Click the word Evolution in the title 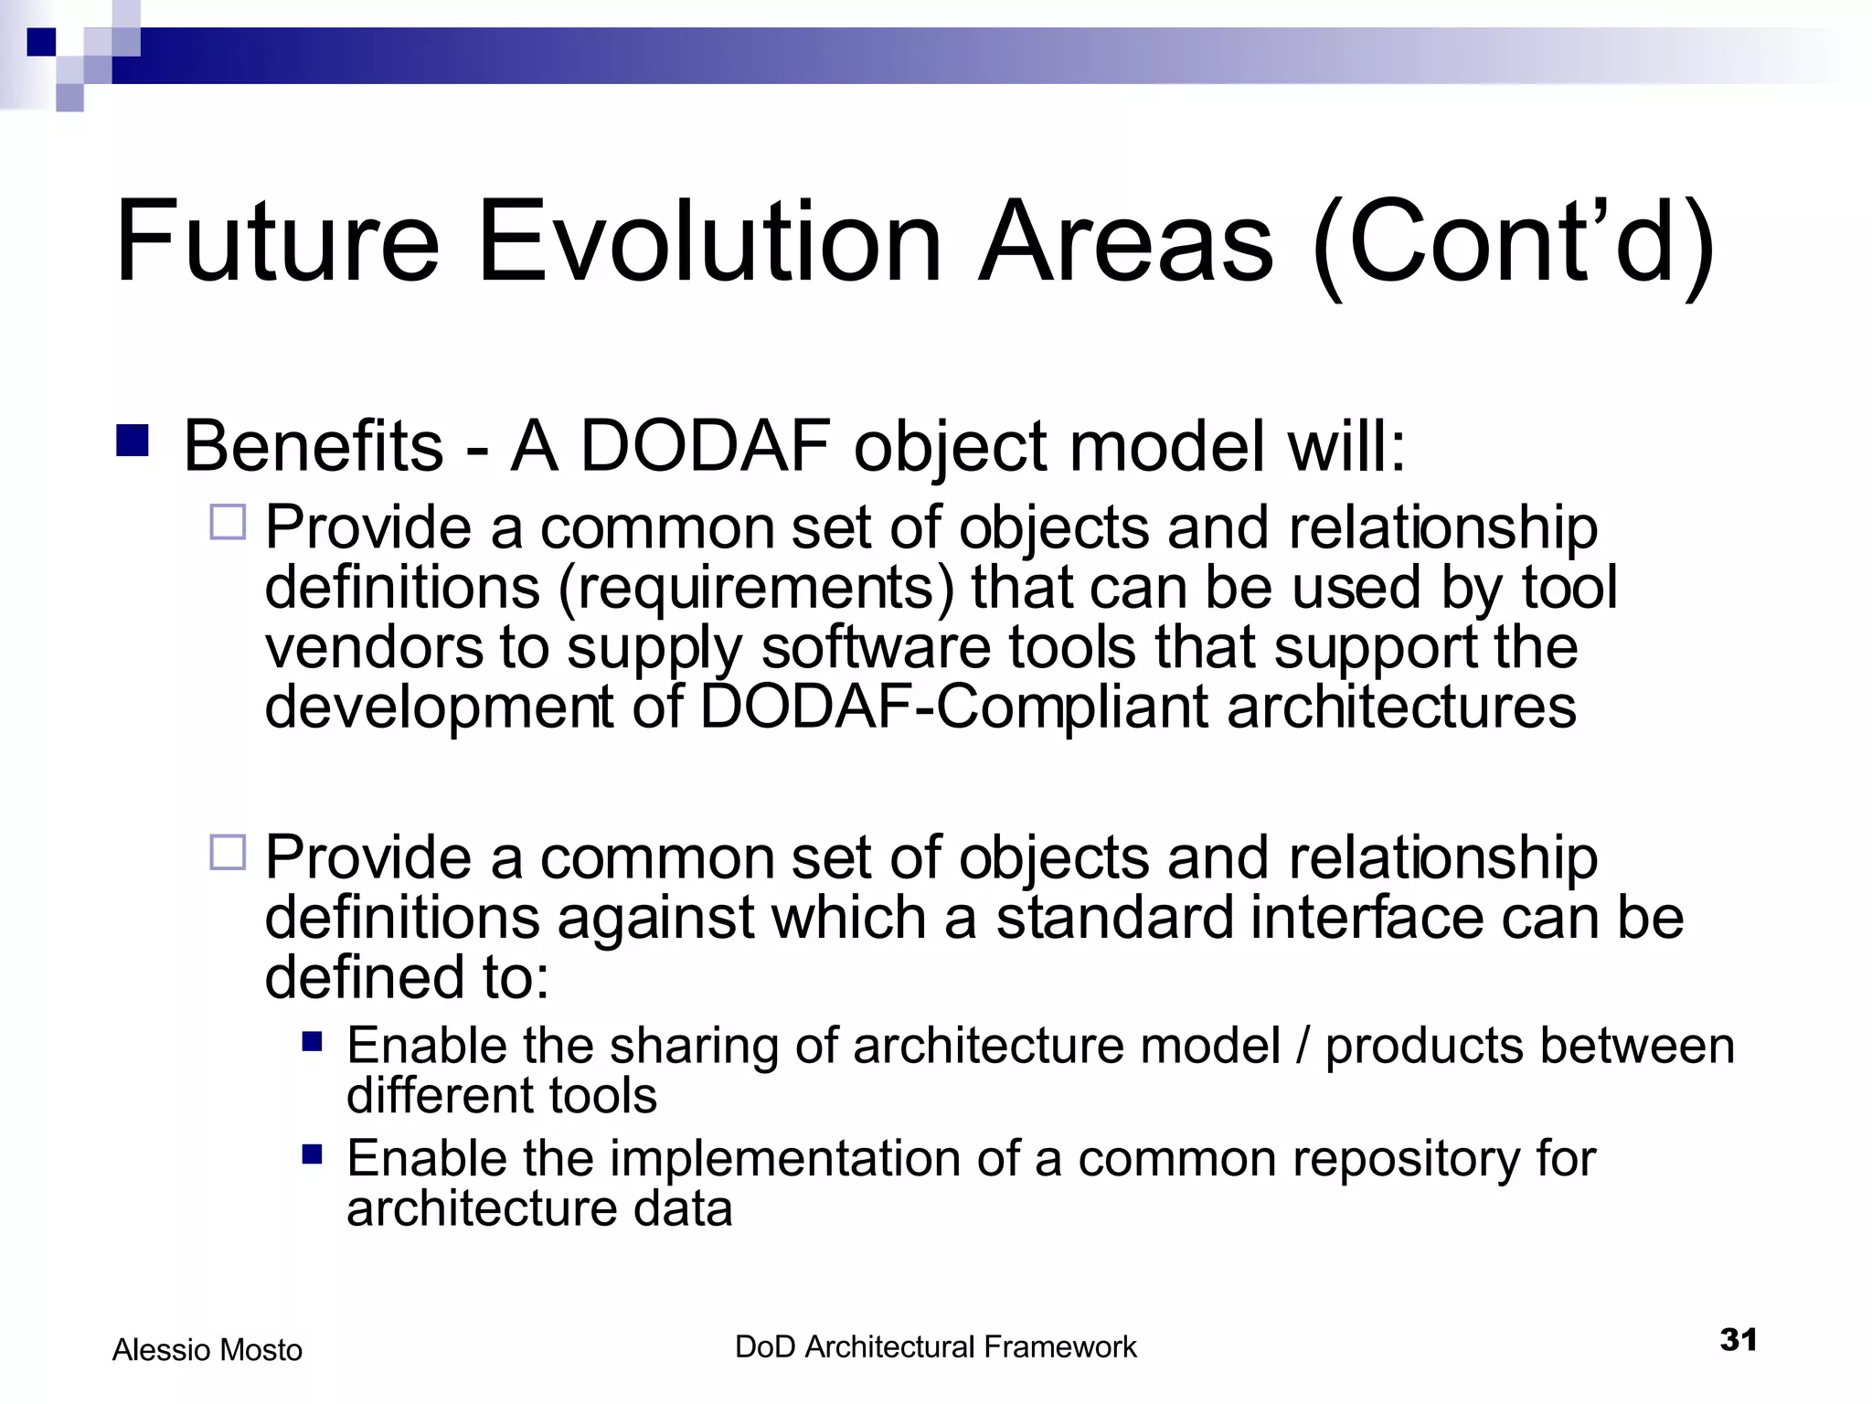(709, 242)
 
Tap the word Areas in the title (1125, 242)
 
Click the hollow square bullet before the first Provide (228, 523)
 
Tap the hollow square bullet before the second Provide (228, 852)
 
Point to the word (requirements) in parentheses (755, 588)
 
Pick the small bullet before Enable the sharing (313, 1042)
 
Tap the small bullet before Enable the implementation (313, 1154)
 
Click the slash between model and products (1303, 1046)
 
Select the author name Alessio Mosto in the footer (207, 1350)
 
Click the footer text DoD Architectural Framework (935, 1347)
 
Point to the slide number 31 (1738, 1340)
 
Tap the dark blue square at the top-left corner (41, 42)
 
